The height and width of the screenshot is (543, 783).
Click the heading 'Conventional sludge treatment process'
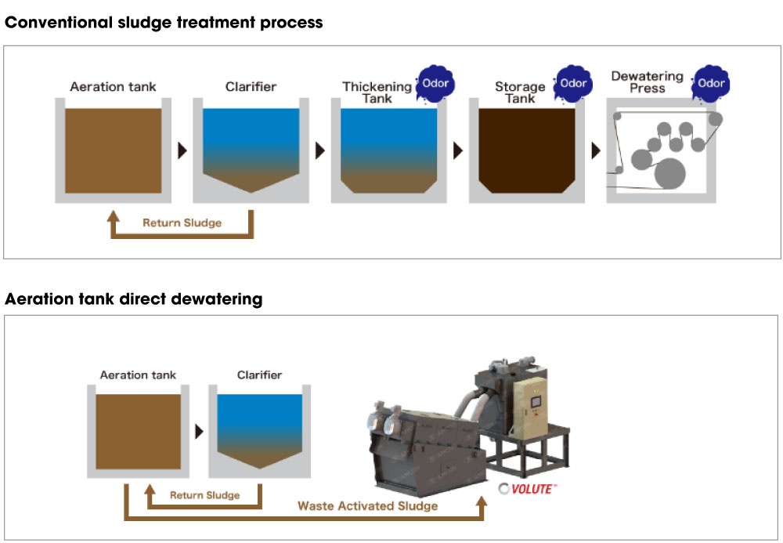pyautogui.click(x=164, y=23)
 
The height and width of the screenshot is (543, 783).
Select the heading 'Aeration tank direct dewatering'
pyautogui.click(x=133, y=299)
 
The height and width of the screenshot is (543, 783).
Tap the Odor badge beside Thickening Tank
pyautogui.click(x=435, y=83)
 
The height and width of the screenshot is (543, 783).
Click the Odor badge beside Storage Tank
pyautogui.click(x=573, y=83)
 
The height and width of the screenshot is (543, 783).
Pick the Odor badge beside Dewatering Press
pyautogui.click(x=711, y=83)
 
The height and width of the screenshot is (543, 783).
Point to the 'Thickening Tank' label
pyautogui.click(x=377, y=92)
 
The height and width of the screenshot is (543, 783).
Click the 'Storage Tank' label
pyautogui.click(x=520, y=92)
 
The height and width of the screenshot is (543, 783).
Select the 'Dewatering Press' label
pyautogui.click(x=648, y=82)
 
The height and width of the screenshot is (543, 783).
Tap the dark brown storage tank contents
pyautogui.click(x=527, y=150)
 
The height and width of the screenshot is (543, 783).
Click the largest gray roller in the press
pyautogui.click(x=669, y=173)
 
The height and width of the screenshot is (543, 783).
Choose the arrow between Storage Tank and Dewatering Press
pyautogui.click(x=596, y=150)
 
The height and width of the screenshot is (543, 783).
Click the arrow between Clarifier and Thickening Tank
pyautogui.click(x=320, y=150)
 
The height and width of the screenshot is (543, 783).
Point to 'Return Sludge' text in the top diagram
pyautogui.click(x=182, y=223)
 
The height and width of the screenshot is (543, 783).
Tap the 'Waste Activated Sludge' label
pyautogui.click(x=367, y=506)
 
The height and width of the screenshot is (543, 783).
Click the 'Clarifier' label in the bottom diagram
pyautogui.click(x=260, y=375)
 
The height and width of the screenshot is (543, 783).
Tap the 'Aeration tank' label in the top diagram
pyautogui.click(x=113, y=87)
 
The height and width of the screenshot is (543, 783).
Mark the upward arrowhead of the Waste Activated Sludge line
pyautogui.click(x=482, y=501)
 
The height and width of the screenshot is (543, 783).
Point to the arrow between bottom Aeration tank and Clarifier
pyautogui.click(x=199, y=431)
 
